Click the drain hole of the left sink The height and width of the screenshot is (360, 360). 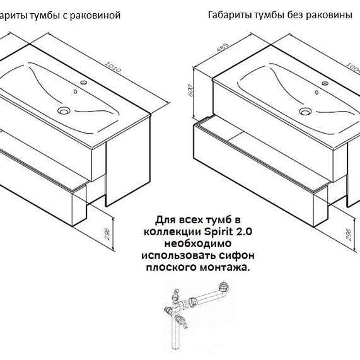click(64, 111)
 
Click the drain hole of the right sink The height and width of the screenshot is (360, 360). click(305, 112)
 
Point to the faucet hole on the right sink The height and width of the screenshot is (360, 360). click(325, 83)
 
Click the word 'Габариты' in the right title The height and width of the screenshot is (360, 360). click(229, 16)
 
